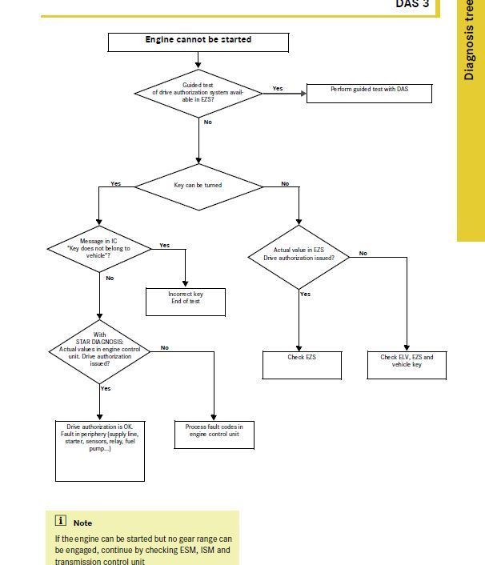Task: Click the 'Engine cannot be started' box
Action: click(198, 42)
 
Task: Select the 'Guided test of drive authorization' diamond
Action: click(198, 93)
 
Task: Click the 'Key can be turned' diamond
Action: click(198, 185)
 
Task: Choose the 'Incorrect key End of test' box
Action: click(185, 301)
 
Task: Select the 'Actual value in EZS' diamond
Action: click(299, 254)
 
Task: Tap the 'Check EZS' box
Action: click(302, 364)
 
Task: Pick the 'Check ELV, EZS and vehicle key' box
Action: click(407, 364)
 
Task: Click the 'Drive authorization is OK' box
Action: click(100, 451)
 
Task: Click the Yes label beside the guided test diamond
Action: click(278, 88)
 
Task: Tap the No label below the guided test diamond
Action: click(208, 122)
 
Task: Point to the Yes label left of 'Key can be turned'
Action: click(115, 183)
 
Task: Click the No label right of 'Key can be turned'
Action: click(285, 183)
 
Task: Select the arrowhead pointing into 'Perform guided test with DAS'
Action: click(304, 94)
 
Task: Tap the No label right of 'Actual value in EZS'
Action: click(363, 253)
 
